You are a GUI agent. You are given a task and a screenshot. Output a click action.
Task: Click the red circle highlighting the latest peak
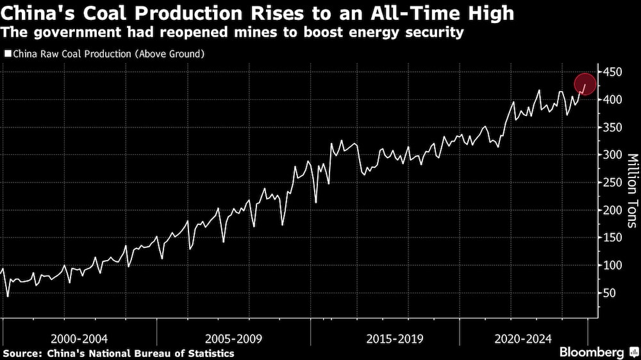585,84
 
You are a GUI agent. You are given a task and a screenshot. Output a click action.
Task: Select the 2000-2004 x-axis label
80,338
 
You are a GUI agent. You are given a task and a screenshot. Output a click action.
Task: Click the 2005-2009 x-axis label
233,338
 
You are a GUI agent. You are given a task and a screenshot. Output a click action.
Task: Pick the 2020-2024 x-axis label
524,338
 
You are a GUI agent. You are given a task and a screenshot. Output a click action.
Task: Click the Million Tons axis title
631,190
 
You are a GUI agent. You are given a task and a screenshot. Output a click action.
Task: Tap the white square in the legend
8,54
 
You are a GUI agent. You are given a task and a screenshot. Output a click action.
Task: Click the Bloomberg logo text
592,352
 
